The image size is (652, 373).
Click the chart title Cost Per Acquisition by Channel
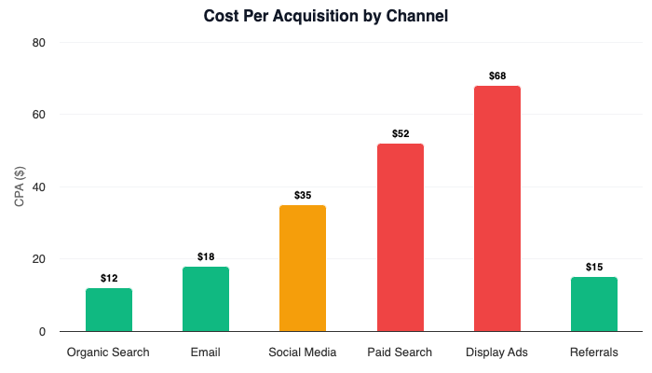[326, 16]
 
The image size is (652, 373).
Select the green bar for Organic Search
[109, 310]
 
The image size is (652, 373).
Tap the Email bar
[206, 298]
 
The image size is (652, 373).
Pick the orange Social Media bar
[303, 269]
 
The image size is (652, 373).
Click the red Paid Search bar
[401, 238]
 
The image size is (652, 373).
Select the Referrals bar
[594, 304]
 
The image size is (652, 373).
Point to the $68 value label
[497, 76]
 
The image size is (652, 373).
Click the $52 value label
[401, 133]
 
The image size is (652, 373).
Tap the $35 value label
[303, 195]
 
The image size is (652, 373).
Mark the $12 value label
[109, 278]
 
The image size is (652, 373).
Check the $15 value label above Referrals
[594, 267]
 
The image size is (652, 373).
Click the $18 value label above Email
[206, 256]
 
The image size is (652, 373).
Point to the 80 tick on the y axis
[39, 43]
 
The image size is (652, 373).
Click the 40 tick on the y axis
[39, 187]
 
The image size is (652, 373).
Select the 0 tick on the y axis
[43, 332]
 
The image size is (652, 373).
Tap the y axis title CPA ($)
[20, 186]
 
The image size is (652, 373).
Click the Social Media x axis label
[303, 352]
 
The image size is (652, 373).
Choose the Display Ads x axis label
[497, 352]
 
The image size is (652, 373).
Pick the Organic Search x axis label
[109, 352]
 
